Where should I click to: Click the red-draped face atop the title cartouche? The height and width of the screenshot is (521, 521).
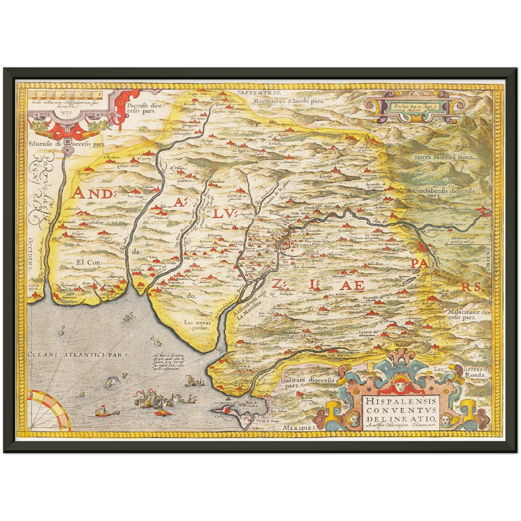[398, 384]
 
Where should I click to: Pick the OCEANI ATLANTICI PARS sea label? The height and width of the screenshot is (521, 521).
[78, 354]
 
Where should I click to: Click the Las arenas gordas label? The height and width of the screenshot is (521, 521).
[197, 325]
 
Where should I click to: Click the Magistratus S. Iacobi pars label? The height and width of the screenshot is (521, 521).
[288, 101]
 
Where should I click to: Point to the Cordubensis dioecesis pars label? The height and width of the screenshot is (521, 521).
[443, 193]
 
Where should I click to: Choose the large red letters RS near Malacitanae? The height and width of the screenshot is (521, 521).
[472, 287]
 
